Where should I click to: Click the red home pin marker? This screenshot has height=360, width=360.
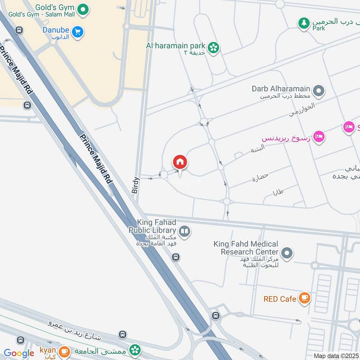tap(180, 162)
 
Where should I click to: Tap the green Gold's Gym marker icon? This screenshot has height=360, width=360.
tap(82, 9)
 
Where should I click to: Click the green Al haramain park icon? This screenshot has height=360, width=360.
tap(213, 46)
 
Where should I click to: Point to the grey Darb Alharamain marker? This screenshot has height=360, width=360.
tap(319, 92)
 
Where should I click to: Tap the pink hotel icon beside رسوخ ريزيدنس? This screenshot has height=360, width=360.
tap(319, 136)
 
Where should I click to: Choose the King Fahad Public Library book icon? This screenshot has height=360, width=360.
tap(184, 232)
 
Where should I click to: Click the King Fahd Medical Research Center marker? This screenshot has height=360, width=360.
tap(287, 253)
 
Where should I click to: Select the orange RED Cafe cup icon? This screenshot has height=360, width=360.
tap(305, 298)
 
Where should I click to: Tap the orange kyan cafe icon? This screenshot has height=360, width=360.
tap(64, 351)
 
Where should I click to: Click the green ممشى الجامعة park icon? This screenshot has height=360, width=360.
tap(134, 350)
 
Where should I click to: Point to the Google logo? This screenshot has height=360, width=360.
tap(19, 353)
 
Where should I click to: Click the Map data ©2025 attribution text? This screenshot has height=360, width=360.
tap(336, 355)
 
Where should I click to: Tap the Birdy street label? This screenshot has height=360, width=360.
tap(136, 185)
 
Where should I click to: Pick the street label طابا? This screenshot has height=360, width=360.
tap(278, 193)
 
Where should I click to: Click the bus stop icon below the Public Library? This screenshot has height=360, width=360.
tap(176, 257)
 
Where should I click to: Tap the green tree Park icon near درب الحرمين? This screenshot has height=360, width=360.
tap(305, 22)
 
